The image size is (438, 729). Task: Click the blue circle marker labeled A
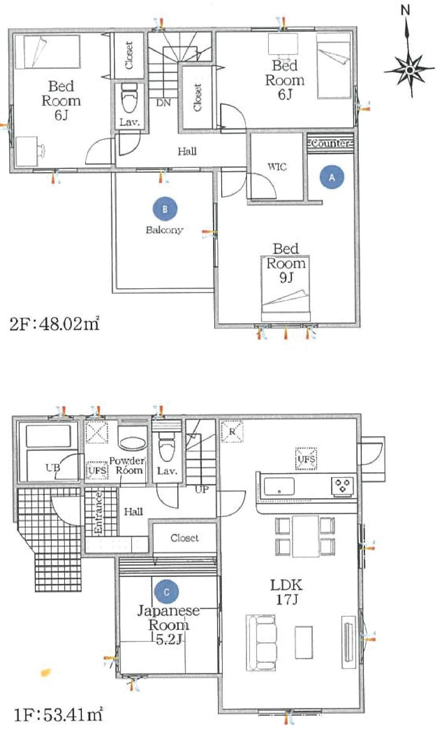(332, 177)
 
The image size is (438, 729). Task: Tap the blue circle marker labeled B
(165, 209)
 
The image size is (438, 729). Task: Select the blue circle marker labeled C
(167, 592)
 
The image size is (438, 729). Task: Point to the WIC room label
(277, 167)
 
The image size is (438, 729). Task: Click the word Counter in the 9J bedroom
(330, 143)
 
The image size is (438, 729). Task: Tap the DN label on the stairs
(163, 103)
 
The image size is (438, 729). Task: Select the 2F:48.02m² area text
(55, 324)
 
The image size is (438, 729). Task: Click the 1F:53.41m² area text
(58, 715)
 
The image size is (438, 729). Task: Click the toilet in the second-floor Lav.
(129, 98)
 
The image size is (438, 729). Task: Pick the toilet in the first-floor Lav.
(166, 447)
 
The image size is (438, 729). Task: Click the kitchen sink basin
(279, 486)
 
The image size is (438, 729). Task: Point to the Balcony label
(164, 230)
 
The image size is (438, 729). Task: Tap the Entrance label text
(98, 513)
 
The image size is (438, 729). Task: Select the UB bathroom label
(53, 468)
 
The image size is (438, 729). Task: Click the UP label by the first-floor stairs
(202, 489)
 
